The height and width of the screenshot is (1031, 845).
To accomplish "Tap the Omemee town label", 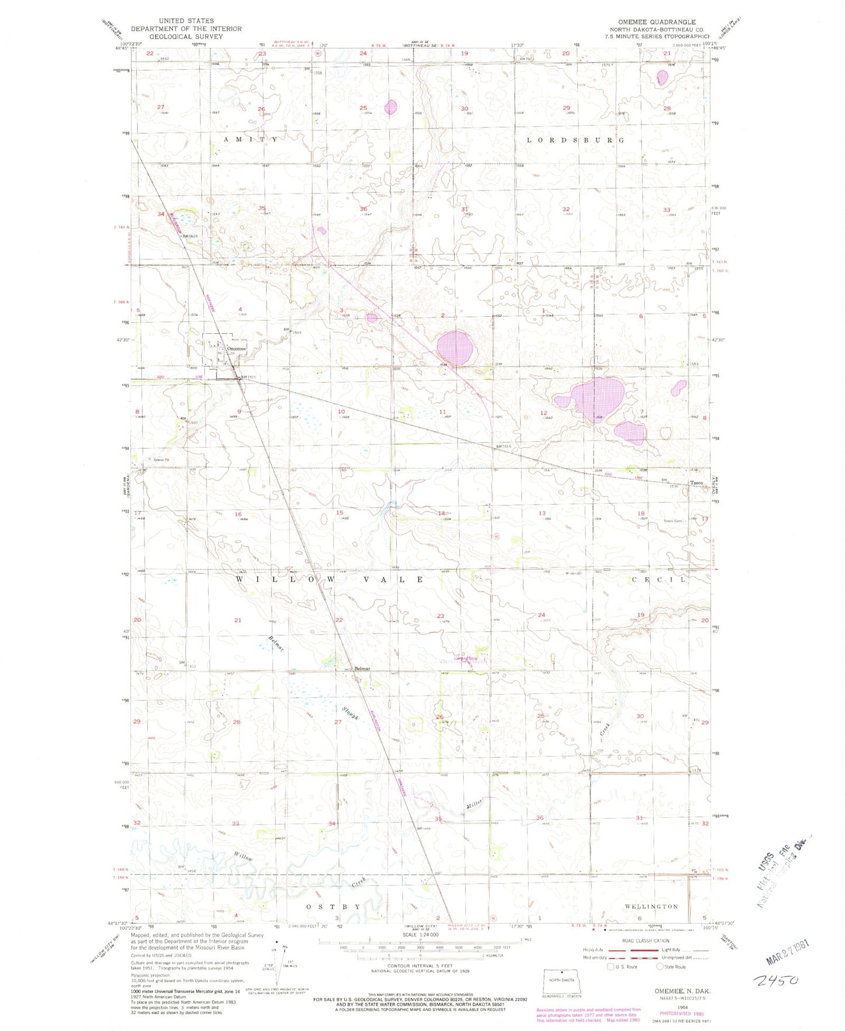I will (236, 348).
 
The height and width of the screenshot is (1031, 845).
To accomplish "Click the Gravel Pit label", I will (161, 460).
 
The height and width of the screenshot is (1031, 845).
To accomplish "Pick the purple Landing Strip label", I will (466, 659).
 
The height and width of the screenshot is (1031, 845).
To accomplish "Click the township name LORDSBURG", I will (575, 140).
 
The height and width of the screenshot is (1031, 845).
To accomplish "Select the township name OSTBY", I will (334, 907).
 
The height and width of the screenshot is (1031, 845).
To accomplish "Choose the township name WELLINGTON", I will (651, 906).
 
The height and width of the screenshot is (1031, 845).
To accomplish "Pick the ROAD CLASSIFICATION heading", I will (646, 941).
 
